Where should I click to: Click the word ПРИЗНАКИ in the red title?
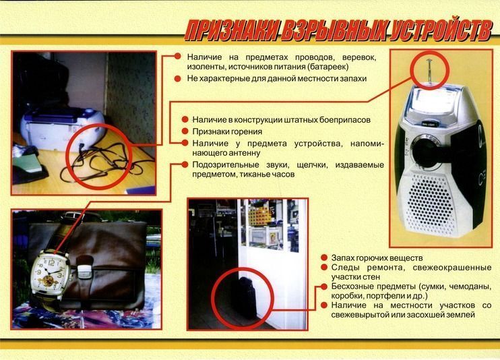coord(232,31)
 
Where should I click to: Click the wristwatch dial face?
coord(50,272)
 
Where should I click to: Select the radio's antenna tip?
coord(429,61)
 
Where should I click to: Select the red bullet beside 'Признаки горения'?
coord(185,131)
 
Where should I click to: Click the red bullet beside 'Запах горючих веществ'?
coord(324,258)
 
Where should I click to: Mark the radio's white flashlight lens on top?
coord(429,100)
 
